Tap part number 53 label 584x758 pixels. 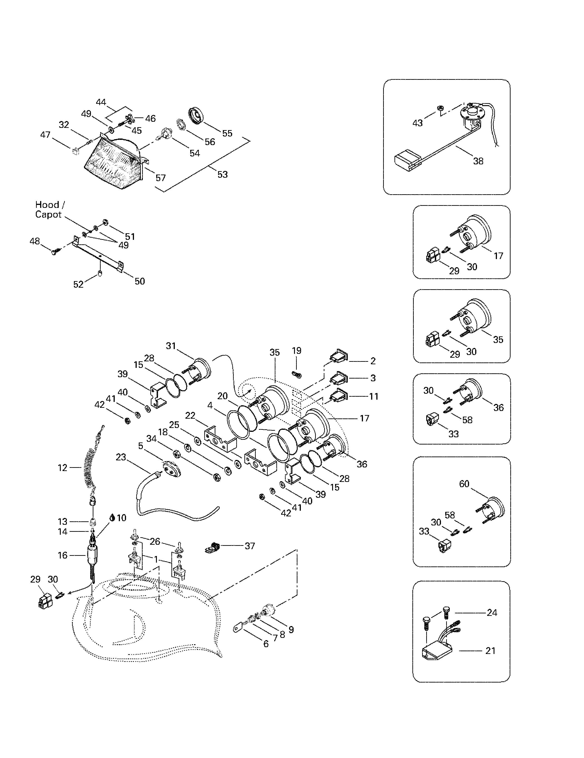coord(223,174)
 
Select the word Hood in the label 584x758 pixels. coord(47,205)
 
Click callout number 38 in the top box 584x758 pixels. coord(478,161)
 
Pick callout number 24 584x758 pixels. coord(492,612)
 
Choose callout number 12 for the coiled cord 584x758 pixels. coord(63,468)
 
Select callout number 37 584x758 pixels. coord(250,546)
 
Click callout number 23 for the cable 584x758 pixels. coord(121,457)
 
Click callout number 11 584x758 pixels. coord(374,396)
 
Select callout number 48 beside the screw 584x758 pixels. coord(35,241)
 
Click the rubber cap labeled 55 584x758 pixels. coord(197,115)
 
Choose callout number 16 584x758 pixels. coord(63,555)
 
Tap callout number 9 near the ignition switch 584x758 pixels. coord(291,629)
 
